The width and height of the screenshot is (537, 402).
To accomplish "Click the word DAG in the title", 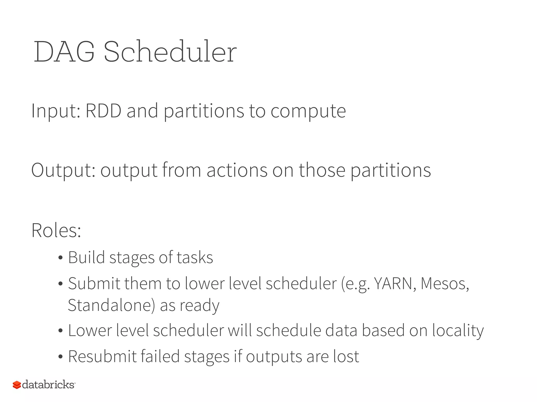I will click(x=64, y=52).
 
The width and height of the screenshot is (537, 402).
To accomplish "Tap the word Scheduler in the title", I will click(x=170, y=52).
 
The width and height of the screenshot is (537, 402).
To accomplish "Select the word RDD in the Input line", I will click(x=104, y=111).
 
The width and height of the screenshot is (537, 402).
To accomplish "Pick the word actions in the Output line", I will click(x=237, y=170).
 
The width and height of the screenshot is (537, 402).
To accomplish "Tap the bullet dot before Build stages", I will click(x=61, y=258).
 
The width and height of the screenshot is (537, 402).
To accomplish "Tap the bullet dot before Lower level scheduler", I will click(x=61, y=331).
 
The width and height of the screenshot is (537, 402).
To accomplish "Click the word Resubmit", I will click(x=102, y=356).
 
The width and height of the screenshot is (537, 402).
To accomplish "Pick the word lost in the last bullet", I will click(x=346, y=356).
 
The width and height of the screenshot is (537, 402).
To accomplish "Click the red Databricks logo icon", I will click(x=17, y=385).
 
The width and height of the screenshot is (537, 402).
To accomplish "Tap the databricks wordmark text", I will click(x=48, y=385).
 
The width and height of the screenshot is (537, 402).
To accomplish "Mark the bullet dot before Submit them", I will click(x=61, y=284).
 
